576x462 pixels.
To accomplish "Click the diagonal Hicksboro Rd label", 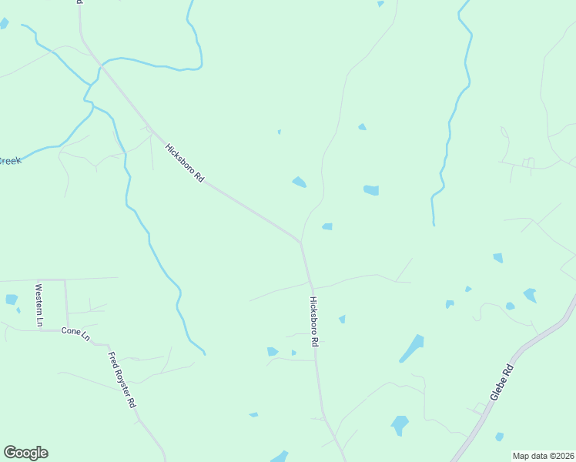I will (x=184, y=162).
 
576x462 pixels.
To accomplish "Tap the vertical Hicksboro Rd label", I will (x=314, y=321).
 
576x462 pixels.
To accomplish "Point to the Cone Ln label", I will (x=75, y=334).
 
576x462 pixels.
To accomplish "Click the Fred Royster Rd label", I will (x=122, y=380).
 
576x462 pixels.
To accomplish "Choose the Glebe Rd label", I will (x=502, y=382).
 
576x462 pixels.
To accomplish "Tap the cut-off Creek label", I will (x=9, y=161).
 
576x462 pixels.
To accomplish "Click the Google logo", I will (x=25, y=453).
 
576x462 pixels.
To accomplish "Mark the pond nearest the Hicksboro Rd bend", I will (x=327, y=226).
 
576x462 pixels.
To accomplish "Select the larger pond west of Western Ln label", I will (x=12, y=300).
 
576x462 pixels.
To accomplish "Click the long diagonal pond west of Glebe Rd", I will (x=412, y=348).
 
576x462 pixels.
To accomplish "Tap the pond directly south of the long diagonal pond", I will (x=400, y=424).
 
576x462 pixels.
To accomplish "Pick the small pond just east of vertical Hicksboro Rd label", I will (x=342, y=319).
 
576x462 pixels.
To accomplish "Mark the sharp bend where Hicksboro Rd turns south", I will (x=301, y=242).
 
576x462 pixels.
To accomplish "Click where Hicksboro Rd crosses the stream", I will (x=98, y=68).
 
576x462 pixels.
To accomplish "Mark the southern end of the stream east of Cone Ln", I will (x=204, y=353).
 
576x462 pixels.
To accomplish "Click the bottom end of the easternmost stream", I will (x=434, y=224).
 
